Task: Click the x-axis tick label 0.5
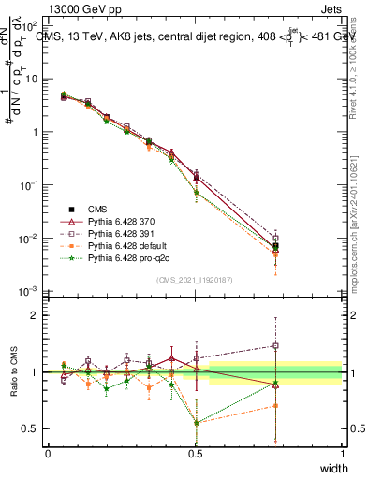(x=195, y=453)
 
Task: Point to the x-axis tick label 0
(x=48, y=453)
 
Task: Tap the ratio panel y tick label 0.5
(x=33, y=428)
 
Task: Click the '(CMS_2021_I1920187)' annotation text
(x=195, y=280)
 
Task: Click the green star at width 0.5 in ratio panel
(x=196, y=422)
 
